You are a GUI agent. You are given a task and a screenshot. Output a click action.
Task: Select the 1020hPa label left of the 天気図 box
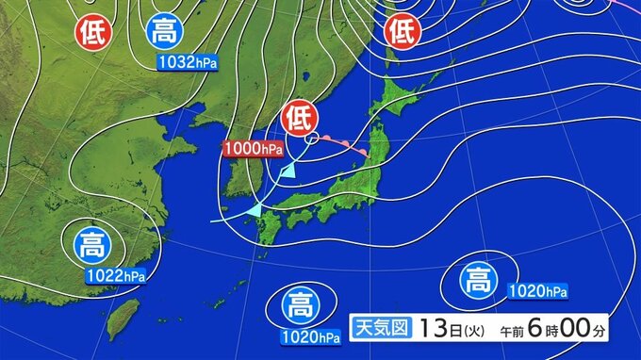point(309,335)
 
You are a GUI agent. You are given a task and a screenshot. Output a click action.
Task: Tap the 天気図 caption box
point(382,329)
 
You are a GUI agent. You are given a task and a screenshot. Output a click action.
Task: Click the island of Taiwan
point(120,320)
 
